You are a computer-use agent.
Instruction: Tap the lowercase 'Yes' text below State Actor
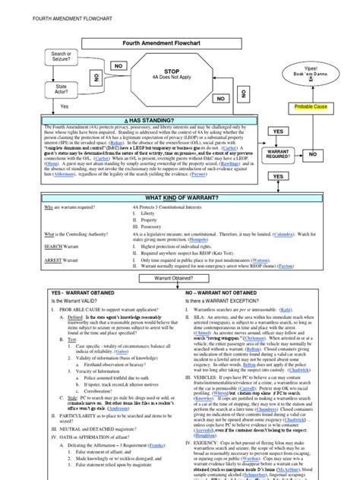(64, 106)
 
